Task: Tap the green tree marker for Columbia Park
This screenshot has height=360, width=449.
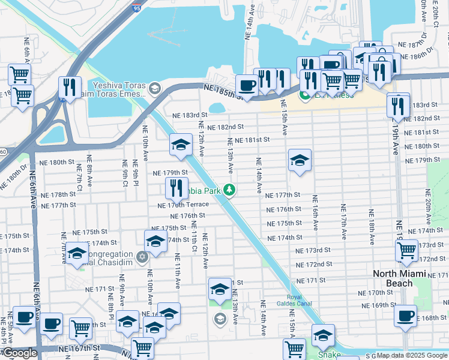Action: tap(229, 190)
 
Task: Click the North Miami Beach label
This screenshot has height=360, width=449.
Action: tap(401, 278)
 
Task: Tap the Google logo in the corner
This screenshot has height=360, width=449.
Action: tap(19, 353)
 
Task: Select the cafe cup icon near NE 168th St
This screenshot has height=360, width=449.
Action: tap(406, 314)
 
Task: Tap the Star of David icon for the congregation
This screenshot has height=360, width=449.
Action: tap(143, 257)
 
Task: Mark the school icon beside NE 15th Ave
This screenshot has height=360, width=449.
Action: tap(300, 160)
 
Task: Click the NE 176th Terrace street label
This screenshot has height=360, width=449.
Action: tap(182, 205)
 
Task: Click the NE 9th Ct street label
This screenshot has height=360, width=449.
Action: tap(125, 172)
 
